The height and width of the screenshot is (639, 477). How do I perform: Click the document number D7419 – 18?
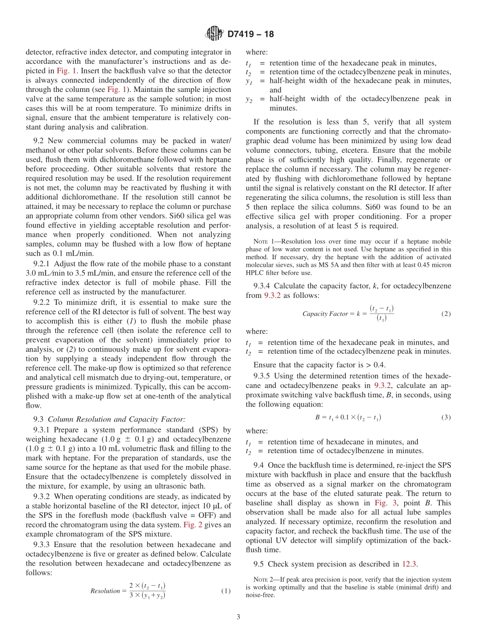point(251,35)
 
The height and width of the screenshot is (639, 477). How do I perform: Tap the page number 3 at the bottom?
point(238,617)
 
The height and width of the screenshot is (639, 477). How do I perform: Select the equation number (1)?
point(226,591)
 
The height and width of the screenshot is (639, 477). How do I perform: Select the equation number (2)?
point(446,313)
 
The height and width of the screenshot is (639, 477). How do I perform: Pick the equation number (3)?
point(446,417)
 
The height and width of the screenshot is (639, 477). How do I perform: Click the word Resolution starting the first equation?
point(105,591)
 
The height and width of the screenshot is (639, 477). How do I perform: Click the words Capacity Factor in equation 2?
point(325,314)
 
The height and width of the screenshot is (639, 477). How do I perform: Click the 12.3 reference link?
point(410,564)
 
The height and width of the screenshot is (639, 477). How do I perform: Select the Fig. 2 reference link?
point(190,524)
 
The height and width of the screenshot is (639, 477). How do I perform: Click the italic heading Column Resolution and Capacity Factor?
point(116,419)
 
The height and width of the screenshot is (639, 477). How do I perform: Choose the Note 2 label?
point(263,580)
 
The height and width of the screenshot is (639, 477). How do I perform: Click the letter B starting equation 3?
point(317,417)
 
